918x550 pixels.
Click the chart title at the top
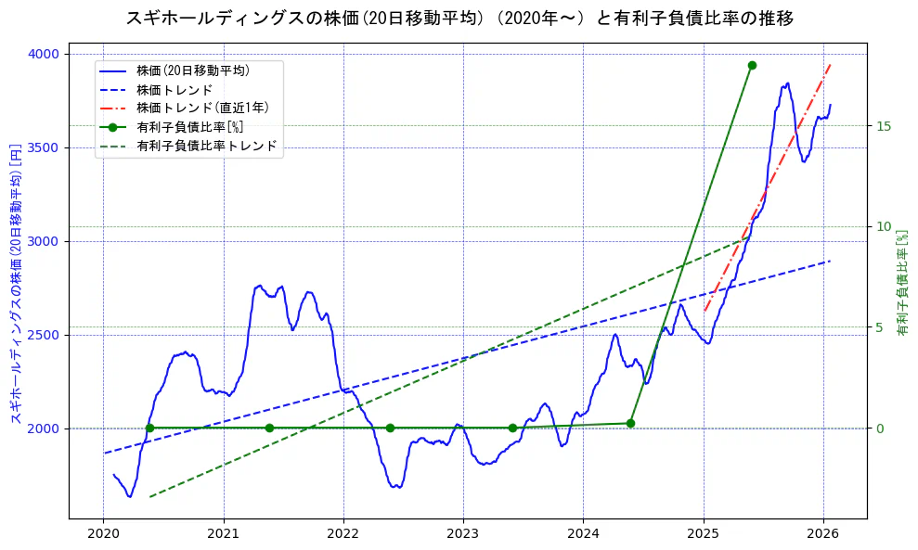tap(459, 18)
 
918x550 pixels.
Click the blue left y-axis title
tap(16, 284)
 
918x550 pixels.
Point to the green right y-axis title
tap(901, 283)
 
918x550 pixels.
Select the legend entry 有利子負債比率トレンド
tap(206, 146)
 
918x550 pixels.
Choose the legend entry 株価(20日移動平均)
tap(192, 70)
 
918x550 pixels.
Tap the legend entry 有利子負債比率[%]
tap(189, 127)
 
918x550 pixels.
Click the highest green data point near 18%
tap(752, 65)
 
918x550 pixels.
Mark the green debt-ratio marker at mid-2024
tap(630, 423)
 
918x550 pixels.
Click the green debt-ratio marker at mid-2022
tap(390, 428)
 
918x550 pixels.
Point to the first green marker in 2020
tap(149, 428)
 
